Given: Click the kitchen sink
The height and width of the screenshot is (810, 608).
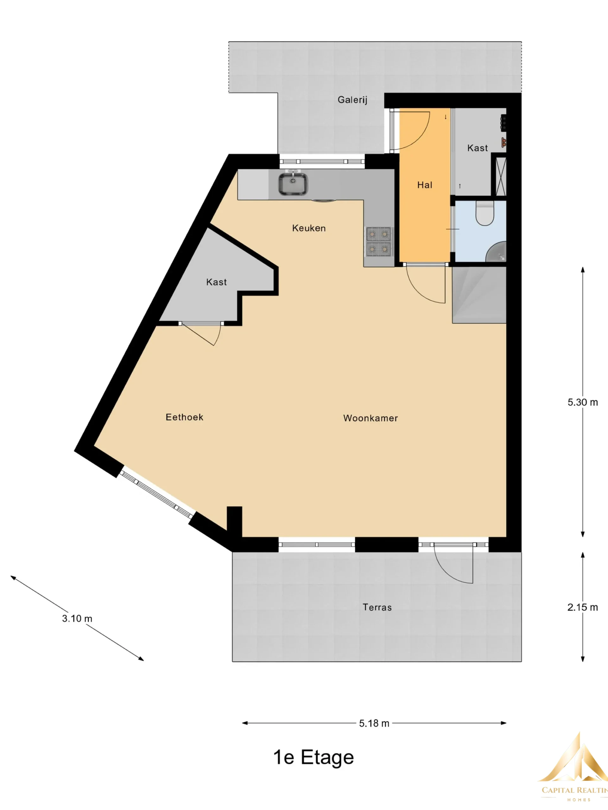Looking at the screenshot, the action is (293, 184).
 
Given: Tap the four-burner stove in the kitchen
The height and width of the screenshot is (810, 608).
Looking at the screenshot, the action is (378, 241).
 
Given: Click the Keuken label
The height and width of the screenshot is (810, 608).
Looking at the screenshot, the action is (308, 228).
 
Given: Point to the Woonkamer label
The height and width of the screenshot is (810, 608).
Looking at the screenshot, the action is (370, 418).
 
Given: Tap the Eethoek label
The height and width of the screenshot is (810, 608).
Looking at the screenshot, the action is (184, 417).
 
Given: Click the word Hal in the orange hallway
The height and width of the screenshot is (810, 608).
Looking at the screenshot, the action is (425, 185).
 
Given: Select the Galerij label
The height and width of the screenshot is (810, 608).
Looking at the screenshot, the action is (352, 100).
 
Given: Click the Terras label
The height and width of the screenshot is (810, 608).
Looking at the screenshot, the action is (377, 607).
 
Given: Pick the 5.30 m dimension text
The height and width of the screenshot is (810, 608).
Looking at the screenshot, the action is (583, 402).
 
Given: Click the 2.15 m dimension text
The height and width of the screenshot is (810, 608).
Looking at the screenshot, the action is (583, 607).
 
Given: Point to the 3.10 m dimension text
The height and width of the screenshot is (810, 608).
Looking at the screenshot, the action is (77, 619).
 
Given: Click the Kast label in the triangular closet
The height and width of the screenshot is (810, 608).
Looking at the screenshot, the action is (216, 282).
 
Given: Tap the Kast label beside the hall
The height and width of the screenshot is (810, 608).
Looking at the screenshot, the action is (478, 148).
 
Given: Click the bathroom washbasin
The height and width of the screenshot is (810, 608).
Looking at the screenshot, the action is (496, 252).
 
